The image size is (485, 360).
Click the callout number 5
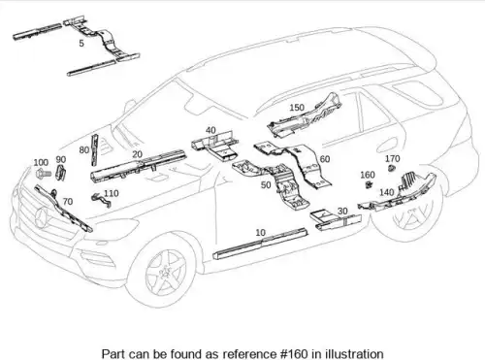(x=81, y=43)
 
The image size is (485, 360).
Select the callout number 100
(x=41, y=162)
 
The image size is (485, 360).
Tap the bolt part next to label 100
(x=43, y=174)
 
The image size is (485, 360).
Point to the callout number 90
(x=61, y=159)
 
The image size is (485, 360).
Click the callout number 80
(x=84, y=149)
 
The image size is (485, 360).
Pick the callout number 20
(x=138, y=154)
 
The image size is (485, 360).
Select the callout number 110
(x=112, y=193)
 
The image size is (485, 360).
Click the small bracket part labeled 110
(x=101, y=200)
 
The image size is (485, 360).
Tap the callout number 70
(x=68, y=202)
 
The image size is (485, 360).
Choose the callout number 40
(x=210, y=130)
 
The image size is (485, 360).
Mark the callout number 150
(x=297, y=108)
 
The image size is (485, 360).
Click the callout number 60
(x=325, y=159)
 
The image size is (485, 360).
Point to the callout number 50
(x=266, y=185)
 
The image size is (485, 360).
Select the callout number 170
(x=393, y=159)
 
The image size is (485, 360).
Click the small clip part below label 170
(x=392, y=168)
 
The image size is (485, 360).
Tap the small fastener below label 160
(x=369, y=184)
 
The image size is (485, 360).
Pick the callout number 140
(x=387, y=192)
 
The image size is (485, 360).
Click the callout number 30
(x=342, y=212)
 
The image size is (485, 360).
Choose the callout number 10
(x=260, y=233)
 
